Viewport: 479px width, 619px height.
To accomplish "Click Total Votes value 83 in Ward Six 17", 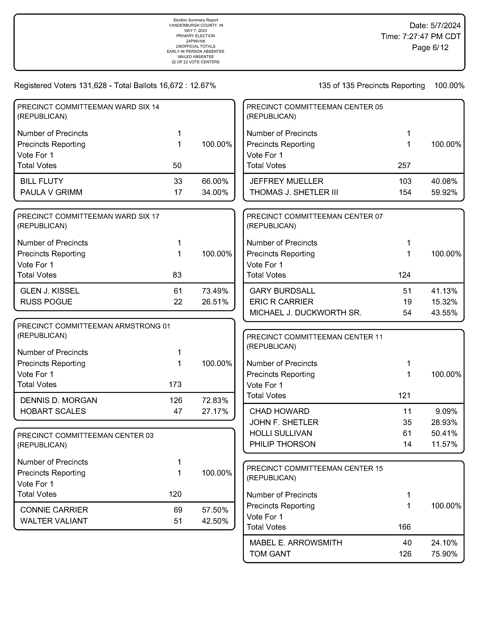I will [x=177, y=275].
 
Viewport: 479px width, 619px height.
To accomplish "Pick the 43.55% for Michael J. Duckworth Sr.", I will [x=444, y=313].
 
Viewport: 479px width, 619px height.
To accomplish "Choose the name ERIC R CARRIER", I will [x=281, y=302].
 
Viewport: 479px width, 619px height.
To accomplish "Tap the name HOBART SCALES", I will [x=53, y=411].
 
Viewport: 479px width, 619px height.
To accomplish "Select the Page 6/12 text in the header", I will [x=430, y=48].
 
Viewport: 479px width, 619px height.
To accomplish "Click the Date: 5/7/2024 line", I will [x=435, y=26].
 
